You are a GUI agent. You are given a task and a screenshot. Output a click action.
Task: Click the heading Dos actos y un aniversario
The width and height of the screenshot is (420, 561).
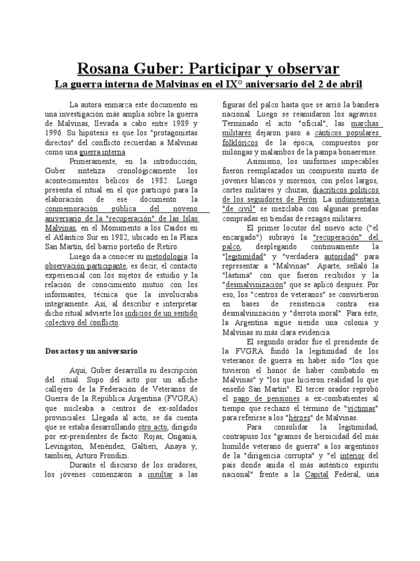[x=91, y=350]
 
